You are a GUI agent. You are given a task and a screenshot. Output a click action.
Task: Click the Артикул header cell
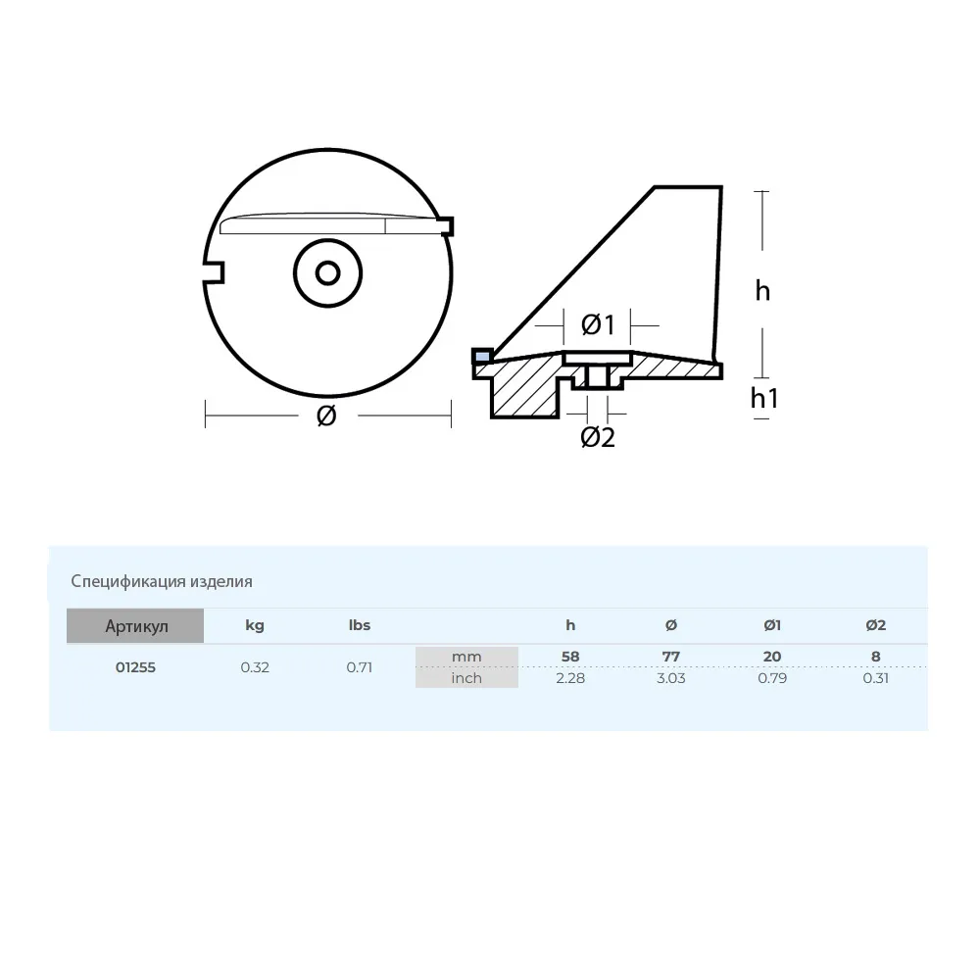tap(135, 626)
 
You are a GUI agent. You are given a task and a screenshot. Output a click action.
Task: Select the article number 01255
tap(135, 667)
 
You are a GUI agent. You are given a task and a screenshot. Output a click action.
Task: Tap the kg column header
tap(254, 625)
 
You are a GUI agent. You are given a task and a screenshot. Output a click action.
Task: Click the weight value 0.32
tap(255, 667)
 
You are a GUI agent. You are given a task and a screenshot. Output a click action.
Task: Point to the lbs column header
tap(360, 625)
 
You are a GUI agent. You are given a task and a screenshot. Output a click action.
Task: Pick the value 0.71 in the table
tap(360, 667)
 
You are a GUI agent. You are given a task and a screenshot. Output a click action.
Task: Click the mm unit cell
tap(466, 657)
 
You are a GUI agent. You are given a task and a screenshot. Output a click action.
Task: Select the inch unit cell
tap(466, 677)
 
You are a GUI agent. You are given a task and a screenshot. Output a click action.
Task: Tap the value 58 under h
tap(569, 657)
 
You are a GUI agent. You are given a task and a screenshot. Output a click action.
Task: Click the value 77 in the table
tap(671, 657)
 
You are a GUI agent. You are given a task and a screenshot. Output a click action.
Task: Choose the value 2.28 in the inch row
tap(569, 677)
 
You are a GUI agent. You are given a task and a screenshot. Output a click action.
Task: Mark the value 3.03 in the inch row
tap(671, 677)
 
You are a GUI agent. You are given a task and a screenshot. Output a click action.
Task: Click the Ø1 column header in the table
tap(772, 625)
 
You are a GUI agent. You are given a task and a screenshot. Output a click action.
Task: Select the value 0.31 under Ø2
tap(875, 677)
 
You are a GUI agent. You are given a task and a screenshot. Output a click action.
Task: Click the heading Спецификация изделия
tap(162, 581)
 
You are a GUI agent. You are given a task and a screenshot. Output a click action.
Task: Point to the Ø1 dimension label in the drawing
tap(597, 323)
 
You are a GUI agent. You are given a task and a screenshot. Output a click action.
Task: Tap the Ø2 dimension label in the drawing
tap(597, 437)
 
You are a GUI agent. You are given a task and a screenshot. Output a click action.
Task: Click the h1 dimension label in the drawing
tap(764, 397)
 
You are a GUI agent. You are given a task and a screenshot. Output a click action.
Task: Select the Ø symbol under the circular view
tap(327, 416)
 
